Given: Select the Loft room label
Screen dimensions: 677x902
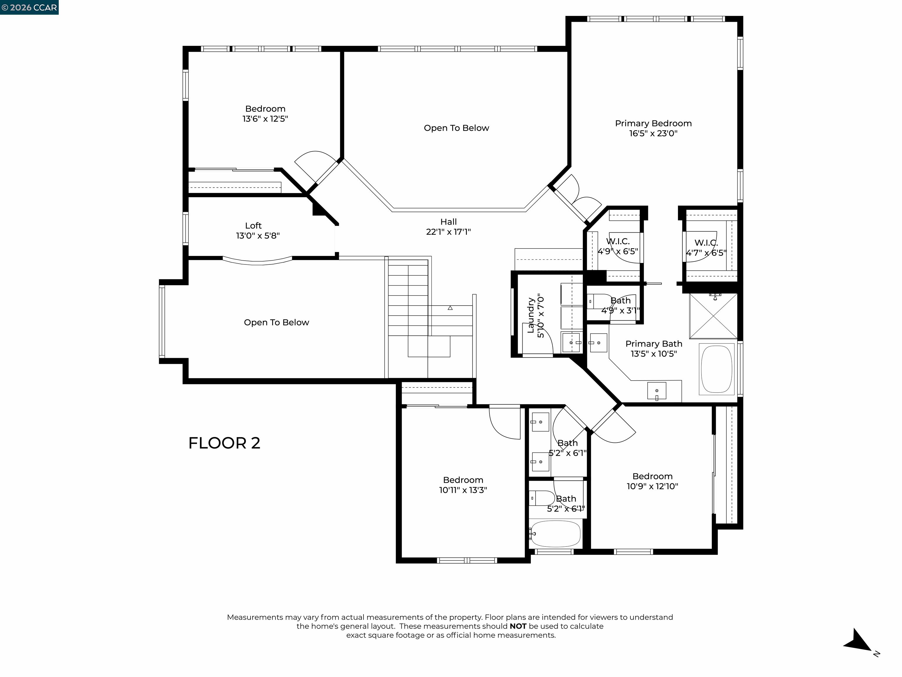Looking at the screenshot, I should [x=253, y=226].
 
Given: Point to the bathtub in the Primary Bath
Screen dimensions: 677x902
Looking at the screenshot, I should [x=716, y=370].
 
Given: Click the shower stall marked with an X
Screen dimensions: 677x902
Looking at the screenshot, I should [x=713, y=316].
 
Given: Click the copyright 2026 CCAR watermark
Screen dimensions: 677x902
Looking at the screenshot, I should [x=29, y=7].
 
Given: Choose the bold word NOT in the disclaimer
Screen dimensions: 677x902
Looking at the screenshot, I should [x=518, y=626].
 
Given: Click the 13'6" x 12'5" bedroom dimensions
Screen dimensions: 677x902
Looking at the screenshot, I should [x=265, y=119].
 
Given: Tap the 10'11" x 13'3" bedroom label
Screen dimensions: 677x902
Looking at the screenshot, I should [x=463, y=485].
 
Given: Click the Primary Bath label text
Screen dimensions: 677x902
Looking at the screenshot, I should [x=654, y=344].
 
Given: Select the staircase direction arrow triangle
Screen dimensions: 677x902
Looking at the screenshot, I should [x=450, y=308].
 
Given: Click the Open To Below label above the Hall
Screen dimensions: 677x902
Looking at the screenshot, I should [x=456, y=128].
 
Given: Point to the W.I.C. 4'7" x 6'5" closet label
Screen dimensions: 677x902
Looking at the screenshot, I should [x=706, y=248].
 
